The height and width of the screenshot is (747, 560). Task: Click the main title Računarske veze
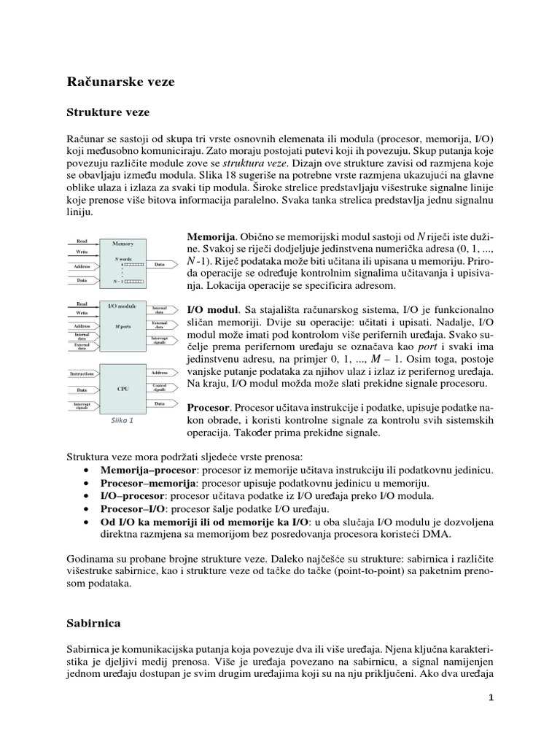point(120,82)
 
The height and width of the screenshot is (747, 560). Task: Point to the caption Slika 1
point(122,421)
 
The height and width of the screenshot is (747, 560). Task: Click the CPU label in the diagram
point(122,389)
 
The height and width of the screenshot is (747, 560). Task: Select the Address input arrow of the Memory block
point(83,266)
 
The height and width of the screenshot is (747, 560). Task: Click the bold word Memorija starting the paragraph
point(211,238)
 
